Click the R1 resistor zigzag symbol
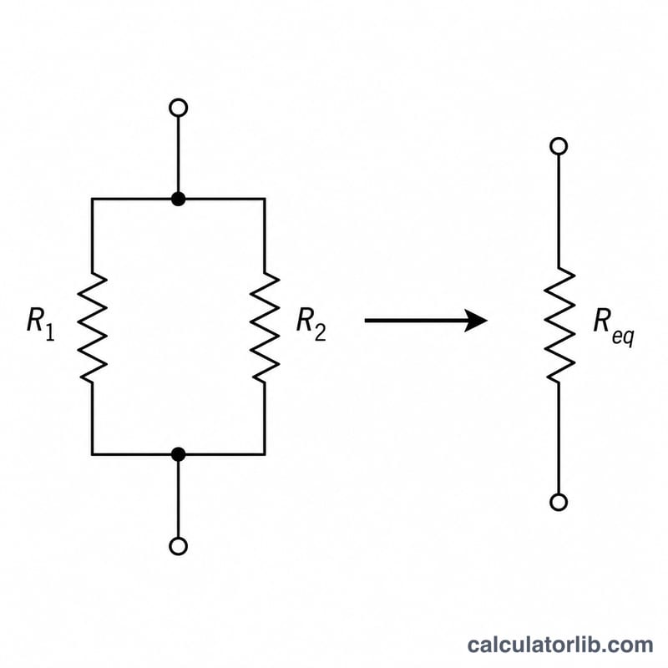click(92, 327)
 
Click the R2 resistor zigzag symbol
click(265, 327)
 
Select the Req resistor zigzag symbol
click(559, 325)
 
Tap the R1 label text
click(41, 324)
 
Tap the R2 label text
click(311, 324)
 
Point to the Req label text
click(614, 326)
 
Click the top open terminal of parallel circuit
click(178, 108)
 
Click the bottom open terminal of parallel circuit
click(178, 546)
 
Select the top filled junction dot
click(178, 199)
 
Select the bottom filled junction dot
click(178, 454)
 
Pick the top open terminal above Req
click(559, 146)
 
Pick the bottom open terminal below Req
click(559, 502)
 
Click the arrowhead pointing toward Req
click(475, 321)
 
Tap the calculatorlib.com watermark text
click(559, 645)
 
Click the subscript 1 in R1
click(50, 332)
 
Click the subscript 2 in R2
click(321, 332)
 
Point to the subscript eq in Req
click(623, 337)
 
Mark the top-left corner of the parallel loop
click(92, 199)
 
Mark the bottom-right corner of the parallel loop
click(265, 454)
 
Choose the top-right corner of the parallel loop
click(265, 199)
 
